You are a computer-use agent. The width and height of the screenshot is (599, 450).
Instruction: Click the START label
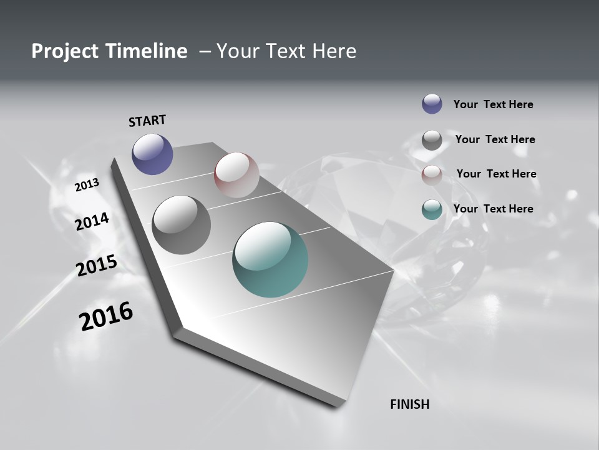pos(147,121)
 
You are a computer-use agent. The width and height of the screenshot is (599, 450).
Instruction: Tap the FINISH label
pos(409,404)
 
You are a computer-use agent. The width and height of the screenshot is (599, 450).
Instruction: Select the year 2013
pos(87,184)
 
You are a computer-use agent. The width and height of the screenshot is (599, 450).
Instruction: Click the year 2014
pos(92,221)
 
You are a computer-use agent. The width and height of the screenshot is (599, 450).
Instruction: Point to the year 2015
pos(96,266)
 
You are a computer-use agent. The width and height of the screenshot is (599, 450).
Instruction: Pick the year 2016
pos(106,316)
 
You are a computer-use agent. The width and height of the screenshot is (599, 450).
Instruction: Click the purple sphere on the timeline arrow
pos(152,154)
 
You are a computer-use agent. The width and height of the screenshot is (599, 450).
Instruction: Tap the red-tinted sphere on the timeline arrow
pos(236,175)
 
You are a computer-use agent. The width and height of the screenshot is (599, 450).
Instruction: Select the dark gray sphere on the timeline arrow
pos(181,225)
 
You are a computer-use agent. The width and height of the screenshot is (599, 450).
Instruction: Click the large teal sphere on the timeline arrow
pos(270,259)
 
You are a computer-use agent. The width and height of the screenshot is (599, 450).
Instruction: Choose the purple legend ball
pos(432,104)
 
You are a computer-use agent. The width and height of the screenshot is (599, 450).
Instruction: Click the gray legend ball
pos(432,140)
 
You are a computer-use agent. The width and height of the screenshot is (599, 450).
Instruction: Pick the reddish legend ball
pos(432,175)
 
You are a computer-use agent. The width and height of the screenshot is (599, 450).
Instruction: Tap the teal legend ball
pos(432,209)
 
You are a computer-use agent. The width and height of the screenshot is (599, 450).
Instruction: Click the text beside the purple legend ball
pos(493,104)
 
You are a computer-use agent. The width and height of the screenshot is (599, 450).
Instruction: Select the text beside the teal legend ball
pos(493,209)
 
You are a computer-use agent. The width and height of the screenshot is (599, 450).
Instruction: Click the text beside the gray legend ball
pos(495,139)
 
